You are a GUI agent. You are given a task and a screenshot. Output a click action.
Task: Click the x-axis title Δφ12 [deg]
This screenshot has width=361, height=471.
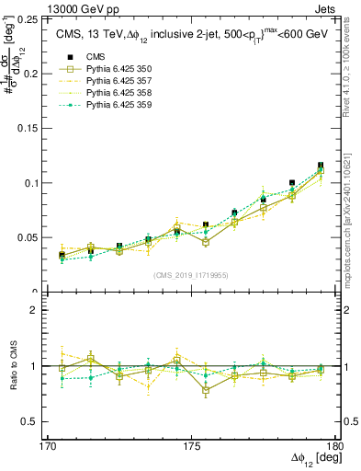point(311,459)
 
